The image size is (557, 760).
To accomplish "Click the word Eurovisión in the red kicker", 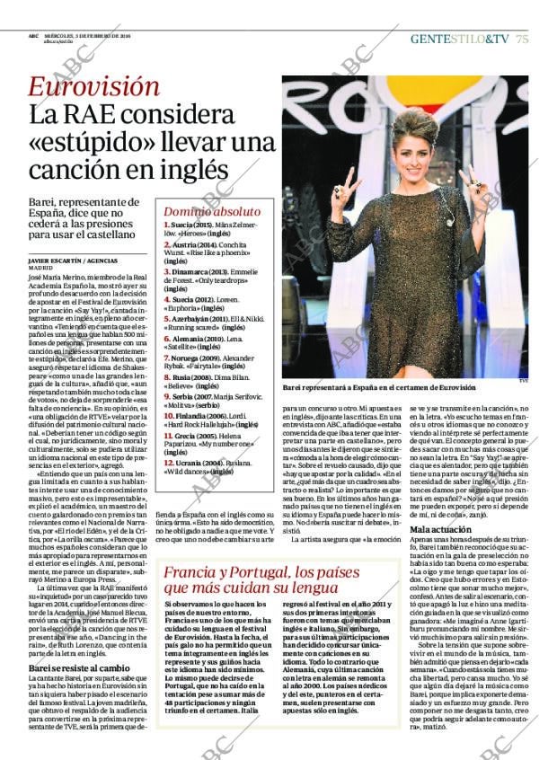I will click(x=93, y=87).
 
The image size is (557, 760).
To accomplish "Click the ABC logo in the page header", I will click(x=32, y=36).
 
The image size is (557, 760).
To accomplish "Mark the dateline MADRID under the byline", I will click(x=41, y=268).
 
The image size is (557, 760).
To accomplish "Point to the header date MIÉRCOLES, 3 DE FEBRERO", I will click(x=93, y=36).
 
